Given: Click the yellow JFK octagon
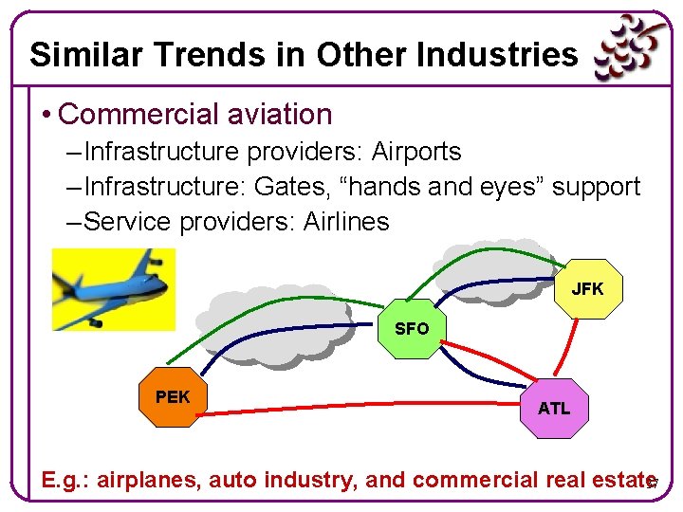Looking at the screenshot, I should pos(587,288).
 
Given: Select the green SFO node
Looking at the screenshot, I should pos(411,328).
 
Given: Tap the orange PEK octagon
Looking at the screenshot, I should pos(172,396).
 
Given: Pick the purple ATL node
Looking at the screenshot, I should pos(554,408).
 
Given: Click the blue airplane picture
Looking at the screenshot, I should pos(113,288).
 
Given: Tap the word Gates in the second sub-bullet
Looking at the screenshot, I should pos(292,187).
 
